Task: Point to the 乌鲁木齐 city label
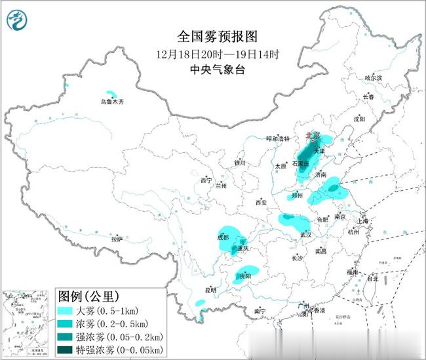pos(111,102)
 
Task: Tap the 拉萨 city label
pos(117,239)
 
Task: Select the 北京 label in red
pos(313,136)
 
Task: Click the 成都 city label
pos(223,237)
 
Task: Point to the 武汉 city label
pos(305,233)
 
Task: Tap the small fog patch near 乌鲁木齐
pos(113,94)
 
